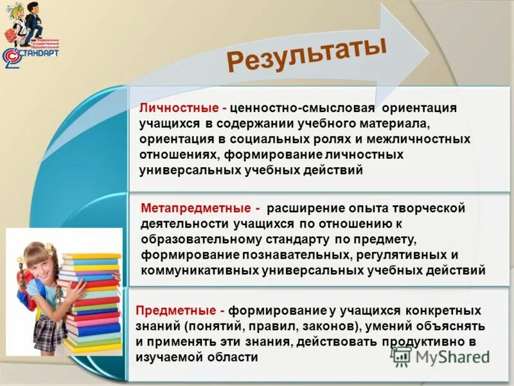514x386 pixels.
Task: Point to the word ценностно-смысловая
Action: tap(290, 107)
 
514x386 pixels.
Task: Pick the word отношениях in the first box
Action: tap(178, 155)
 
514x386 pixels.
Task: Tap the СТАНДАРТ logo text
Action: tap(39, 53)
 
